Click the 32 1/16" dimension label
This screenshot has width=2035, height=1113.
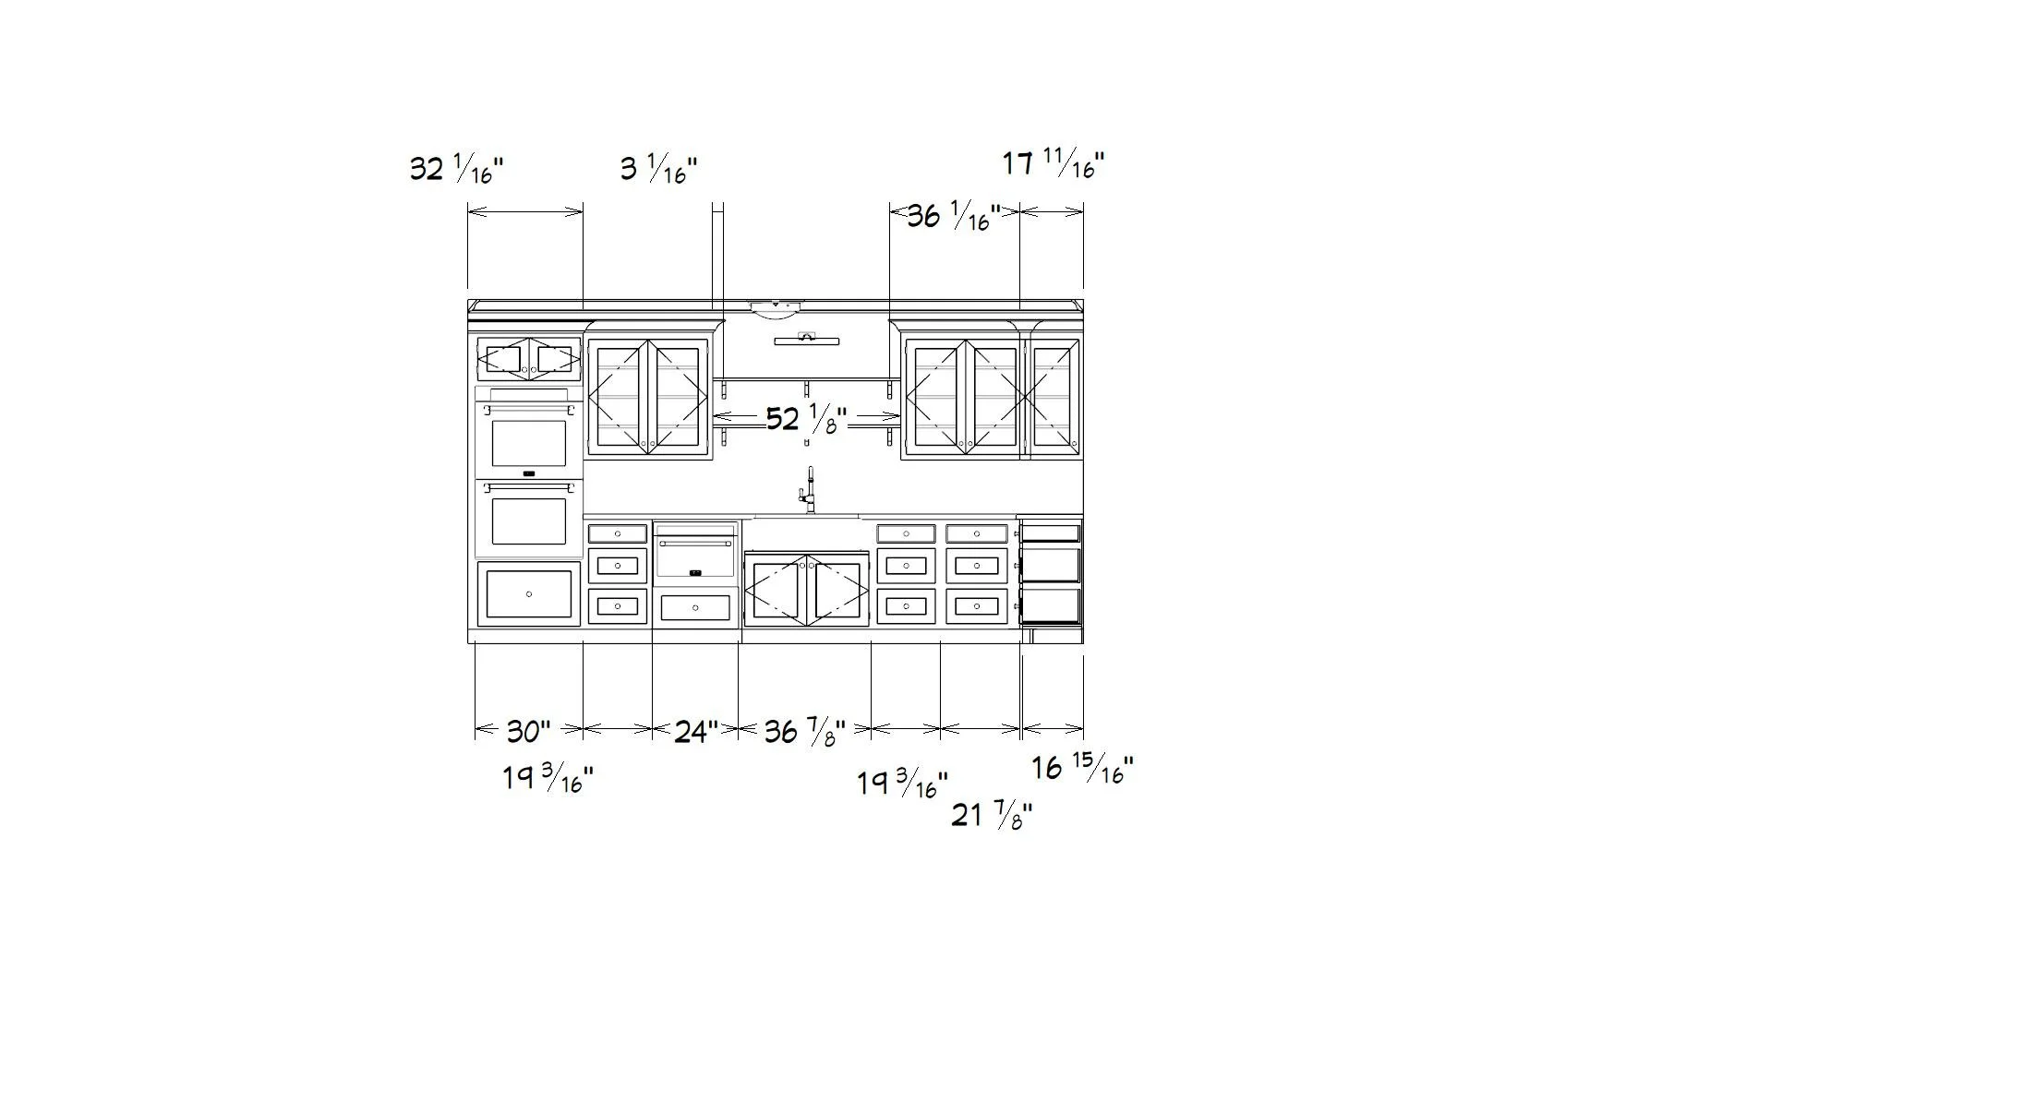pos(456,170)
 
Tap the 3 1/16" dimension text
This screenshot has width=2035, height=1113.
pos(658,169)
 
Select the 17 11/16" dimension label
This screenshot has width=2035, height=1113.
pos(1054,164)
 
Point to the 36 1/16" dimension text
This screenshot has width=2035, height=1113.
pos(953,217)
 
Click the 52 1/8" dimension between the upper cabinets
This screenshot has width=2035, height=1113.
pos(806,420)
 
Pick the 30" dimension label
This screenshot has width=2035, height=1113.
pos(528,732)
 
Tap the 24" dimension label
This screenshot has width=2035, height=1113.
pos(695,732)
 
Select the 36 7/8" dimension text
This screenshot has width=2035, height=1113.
pos(804,733)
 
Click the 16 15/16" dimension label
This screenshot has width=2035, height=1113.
pos(1081,768)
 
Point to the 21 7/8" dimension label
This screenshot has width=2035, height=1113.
pos(992,815)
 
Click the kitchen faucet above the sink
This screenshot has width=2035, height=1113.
pos(810,490)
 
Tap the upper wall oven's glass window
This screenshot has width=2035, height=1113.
pos(528,443)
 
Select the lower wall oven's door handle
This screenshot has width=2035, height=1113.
pos(528,487)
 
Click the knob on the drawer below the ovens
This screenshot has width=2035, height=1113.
pos(528,594)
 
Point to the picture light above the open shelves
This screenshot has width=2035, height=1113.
pos(807,340)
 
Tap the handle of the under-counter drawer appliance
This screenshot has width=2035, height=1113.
pos(695,544)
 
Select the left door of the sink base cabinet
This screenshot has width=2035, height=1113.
pos(776,591)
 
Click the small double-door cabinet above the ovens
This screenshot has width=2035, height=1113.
pos(528,359)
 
